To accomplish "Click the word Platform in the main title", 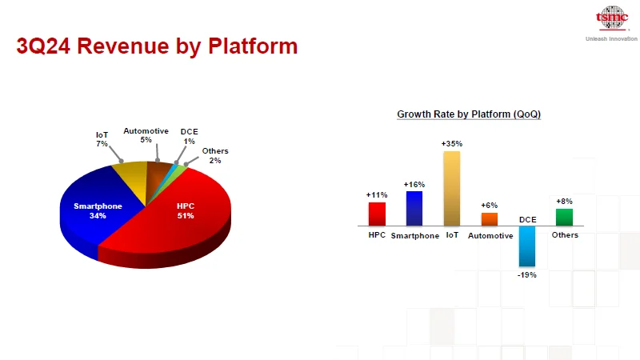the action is (253, 46).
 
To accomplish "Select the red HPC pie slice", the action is (179, 221).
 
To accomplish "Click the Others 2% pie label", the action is (215, 155).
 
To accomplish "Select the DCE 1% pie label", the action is (189, 136).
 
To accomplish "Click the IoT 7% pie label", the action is (102, 139).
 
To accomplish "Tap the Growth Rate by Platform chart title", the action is (469, 114).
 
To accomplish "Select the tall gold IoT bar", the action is (452, 189).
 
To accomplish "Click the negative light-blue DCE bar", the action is (527, 246).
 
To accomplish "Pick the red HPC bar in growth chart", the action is (377, 214).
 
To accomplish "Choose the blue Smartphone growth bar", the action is (414, 208).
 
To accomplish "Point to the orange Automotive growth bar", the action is (490, 219).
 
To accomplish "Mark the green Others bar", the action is (565, 217).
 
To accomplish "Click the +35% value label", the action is (452, 144).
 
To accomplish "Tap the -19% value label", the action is (527, 275).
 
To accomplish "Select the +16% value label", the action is (414, 185).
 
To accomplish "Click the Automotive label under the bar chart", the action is (490, 235).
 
